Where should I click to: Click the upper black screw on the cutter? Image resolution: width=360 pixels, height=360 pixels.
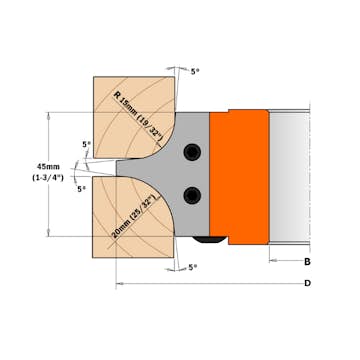point(193,150)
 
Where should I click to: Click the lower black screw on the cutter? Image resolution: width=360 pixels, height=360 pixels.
point(193,193)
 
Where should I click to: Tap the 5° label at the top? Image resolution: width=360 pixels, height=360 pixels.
point(196,73)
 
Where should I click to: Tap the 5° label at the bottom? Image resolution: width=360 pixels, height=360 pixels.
point(193,267)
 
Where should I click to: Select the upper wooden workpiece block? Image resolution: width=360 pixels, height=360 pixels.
point(130,110)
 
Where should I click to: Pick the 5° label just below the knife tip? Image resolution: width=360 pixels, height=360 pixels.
point(81,188)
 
